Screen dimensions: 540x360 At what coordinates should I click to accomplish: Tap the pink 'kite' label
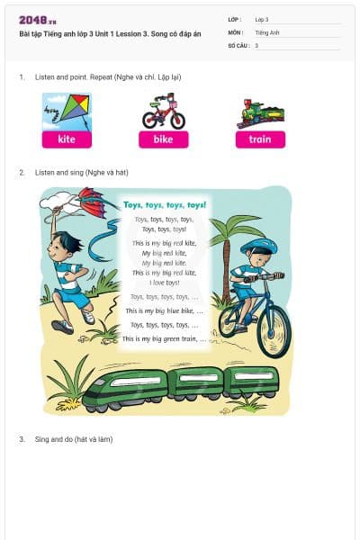click(x=67, y=139)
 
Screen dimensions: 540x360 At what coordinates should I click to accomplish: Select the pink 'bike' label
click(x=163, y=139)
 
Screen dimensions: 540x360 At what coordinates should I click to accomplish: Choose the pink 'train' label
click(x=260, y=139)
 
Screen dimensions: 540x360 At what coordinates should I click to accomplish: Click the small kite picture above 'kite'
click(x=67, y=111)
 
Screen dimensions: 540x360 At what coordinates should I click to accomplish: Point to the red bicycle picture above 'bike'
click(x=163, y=112)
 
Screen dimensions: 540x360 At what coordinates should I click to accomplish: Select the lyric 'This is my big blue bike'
click(x=163, y=310)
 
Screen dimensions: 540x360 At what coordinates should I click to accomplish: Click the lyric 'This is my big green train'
click(x=163, y=339)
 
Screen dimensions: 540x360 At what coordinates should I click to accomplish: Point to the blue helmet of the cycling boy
click(x=259, y=246)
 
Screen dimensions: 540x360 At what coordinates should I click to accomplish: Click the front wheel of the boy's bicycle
click(x=274, y=330)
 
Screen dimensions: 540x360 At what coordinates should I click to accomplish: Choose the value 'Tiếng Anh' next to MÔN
click(x=267, y=31)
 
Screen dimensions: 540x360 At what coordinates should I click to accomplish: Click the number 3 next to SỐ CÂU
click(x=256, y=45)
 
